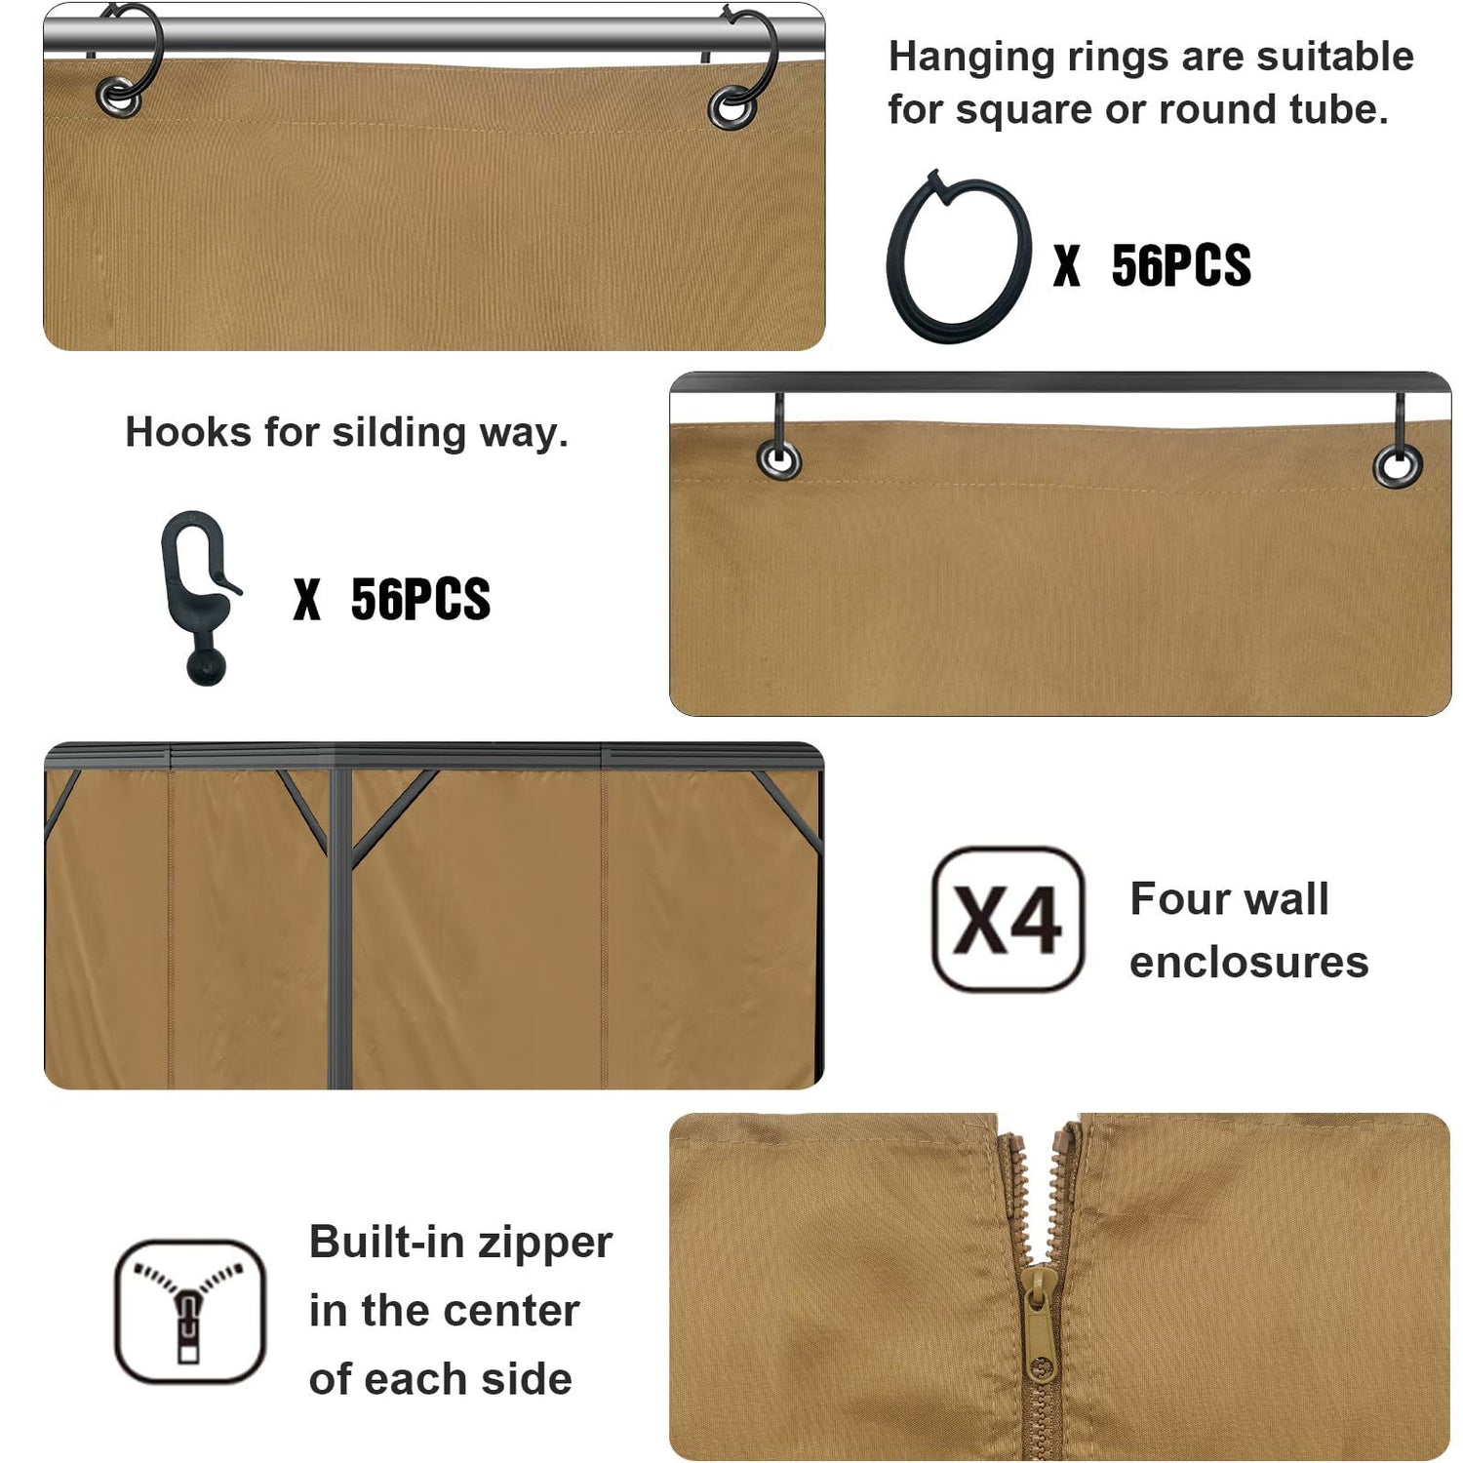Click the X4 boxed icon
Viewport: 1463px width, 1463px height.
point(1008,919)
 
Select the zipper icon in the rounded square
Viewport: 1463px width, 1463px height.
point(190,1311)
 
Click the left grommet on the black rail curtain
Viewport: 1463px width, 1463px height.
point(779,459)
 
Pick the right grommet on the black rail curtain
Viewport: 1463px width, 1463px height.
point(1398,466)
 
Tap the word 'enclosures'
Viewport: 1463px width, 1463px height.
point(1249,963)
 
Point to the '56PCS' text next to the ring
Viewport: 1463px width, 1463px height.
point(1181,265)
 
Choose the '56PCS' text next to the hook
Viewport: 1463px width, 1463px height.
point(420,599)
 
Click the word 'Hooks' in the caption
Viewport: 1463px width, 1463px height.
point(188,432)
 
